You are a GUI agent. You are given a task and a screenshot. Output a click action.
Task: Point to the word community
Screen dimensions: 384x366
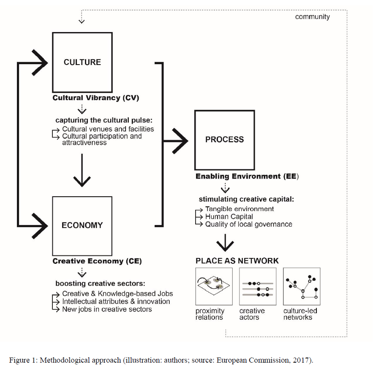[312, 16]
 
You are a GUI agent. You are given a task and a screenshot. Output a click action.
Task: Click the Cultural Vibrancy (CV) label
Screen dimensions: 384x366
[96, 98]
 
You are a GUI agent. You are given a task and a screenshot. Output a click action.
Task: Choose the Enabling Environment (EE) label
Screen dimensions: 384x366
[247, 176]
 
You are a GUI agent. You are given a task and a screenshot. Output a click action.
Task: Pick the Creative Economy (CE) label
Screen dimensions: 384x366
[97, 261]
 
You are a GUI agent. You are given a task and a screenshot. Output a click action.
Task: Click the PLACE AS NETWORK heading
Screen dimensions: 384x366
[237, 261]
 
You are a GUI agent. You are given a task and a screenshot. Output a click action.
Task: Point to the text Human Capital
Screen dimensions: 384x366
[229, 217]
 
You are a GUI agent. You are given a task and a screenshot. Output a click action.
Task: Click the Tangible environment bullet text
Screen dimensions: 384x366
[240, 209]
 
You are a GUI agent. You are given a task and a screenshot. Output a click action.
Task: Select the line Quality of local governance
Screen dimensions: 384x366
[248, 224]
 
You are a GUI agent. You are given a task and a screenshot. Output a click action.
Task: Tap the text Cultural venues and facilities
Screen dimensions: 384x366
[108, 129]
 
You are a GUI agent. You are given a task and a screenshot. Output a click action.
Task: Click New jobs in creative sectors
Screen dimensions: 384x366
[107, 309]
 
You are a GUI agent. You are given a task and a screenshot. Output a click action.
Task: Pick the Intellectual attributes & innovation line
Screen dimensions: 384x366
[116, 301]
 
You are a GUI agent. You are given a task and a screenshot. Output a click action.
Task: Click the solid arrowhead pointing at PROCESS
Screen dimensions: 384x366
[180, 141]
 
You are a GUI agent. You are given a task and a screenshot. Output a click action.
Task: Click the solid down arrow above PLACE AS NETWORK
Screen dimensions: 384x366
[225, 243]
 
